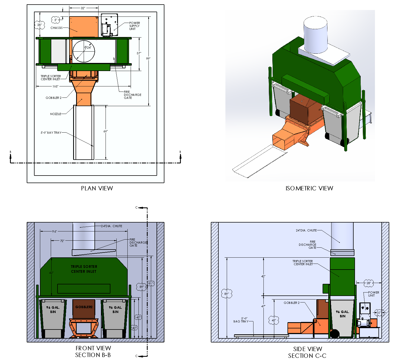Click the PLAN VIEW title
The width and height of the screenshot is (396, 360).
97,188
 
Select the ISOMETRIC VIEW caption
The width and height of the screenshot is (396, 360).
309,188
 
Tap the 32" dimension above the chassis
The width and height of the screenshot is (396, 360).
83,8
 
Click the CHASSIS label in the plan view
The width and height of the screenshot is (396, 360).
56,28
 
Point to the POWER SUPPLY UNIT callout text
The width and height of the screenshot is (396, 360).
134,26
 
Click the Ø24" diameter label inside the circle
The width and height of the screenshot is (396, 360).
88,48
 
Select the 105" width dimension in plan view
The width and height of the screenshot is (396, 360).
55,86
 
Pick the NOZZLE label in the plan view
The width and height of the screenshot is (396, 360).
56,114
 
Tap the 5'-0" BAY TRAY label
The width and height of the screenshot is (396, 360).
51,133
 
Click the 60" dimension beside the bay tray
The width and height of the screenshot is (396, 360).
106,131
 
